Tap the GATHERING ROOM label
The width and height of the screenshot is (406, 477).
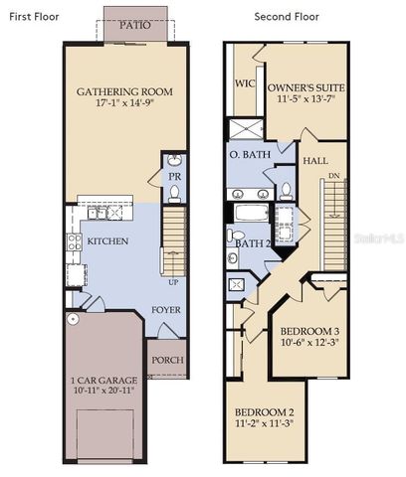tap(124, 92)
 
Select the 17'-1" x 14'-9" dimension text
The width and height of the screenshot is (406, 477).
tap(124, 104)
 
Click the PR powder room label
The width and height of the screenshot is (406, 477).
tap(174, 176)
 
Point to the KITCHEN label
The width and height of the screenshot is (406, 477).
tap(107, 241)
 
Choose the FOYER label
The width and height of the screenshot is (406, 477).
tap(165, 310)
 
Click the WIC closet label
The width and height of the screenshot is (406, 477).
tap(245, 84)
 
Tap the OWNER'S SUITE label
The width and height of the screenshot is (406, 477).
tap(304, 86)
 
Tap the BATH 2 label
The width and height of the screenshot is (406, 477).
tap(253, 242)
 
